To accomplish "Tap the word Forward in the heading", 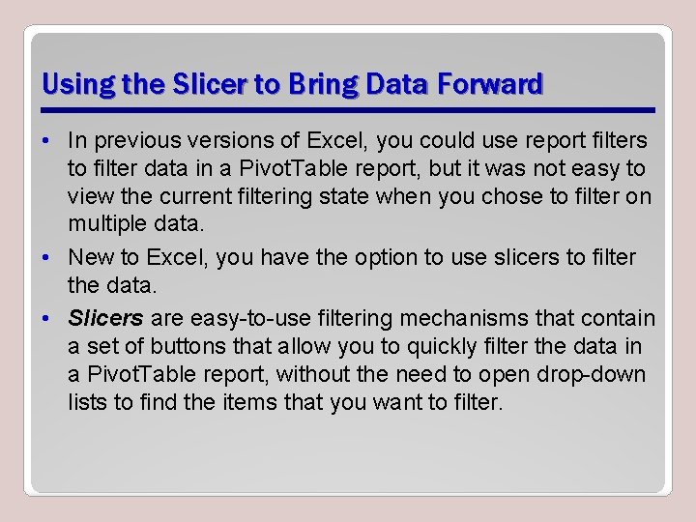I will point(490,85).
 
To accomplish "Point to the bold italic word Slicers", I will point(106,318).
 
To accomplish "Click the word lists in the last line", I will point(88,401).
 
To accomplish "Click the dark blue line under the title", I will point(348,109).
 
